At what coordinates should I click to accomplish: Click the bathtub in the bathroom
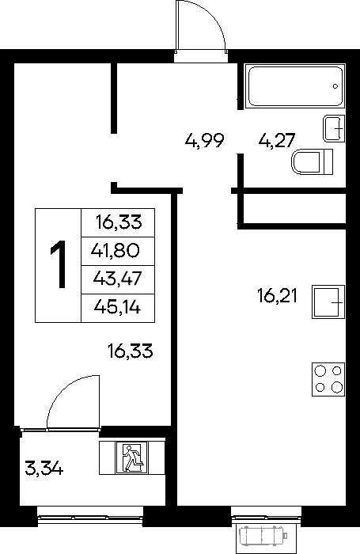(x=295, y=85)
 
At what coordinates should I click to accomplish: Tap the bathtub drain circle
(x=335, y=86)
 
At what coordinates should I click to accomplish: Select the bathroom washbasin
(x=334, y=128)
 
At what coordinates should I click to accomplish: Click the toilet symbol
(x=313, y=162)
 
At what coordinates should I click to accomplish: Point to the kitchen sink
(x=328, y=302)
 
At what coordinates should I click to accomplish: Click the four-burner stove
(x=328, y=379)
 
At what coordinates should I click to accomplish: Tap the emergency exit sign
(x=132, y=457)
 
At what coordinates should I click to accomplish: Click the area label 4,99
(x=205, y=141)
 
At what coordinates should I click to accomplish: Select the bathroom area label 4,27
(x=277, y=141)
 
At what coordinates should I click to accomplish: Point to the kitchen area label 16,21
(x=278, y=296)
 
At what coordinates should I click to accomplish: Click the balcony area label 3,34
(x=44, y=469)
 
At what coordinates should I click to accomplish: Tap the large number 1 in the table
(x=59, y=264)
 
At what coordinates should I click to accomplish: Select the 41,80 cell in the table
(x=116, y=251)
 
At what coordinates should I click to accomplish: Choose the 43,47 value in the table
(x=117, y=279)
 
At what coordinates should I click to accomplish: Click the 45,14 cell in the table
(x=117, y=307)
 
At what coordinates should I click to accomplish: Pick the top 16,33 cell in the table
(x=119, y=222)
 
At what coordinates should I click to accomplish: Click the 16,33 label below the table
(x=131, y=351)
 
